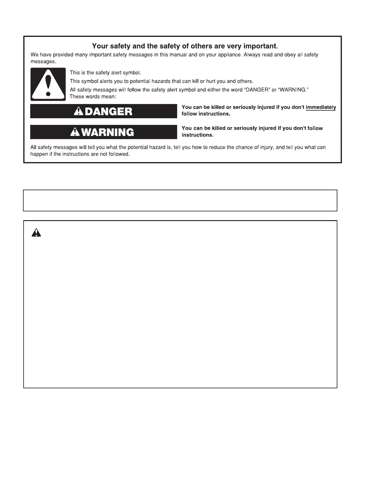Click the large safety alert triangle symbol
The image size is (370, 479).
click(48, 84)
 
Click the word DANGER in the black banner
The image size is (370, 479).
click(109, 112)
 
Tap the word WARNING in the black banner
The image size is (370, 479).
click(108, 132)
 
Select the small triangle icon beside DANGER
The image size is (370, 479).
click(79, 111)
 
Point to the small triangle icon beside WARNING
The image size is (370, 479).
click(75, 132)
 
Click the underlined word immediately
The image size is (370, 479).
click(321, 107)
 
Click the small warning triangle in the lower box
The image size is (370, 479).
click(36, 232)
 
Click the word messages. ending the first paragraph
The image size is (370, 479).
click(44, 61)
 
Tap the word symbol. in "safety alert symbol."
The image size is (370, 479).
click(132, 73)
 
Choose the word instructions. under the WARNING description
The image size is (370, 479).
click(197, 135)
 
